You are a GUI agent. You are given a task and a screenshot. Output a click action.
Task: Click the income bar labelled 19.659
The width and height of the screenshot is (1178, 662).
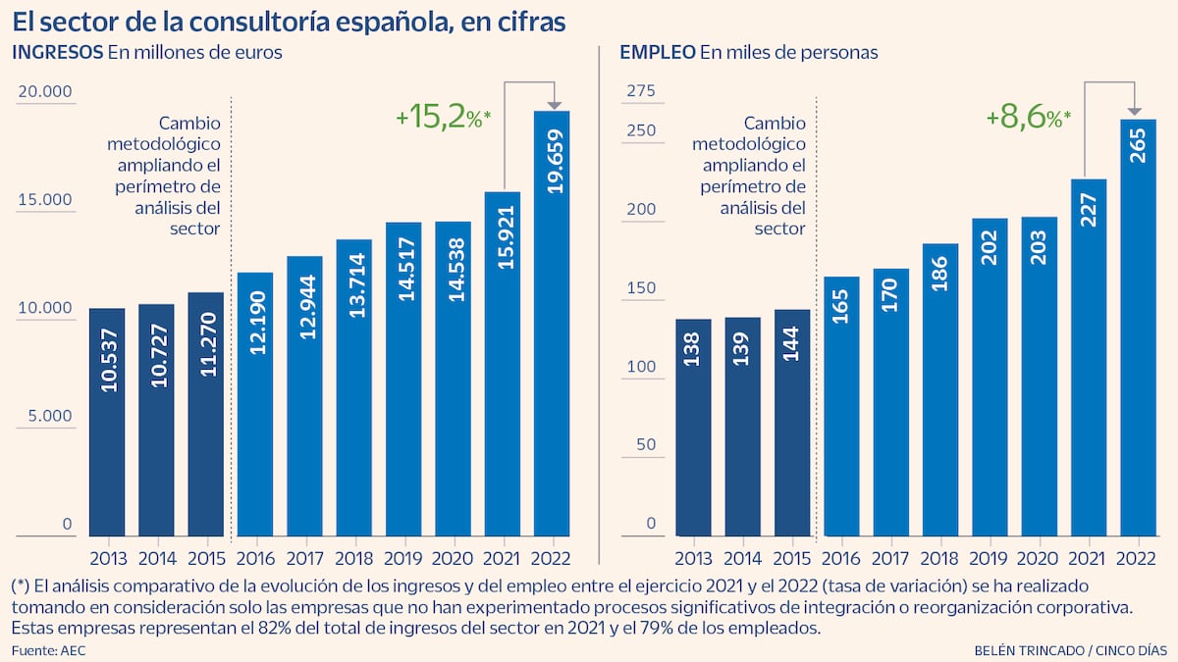coord(552,324)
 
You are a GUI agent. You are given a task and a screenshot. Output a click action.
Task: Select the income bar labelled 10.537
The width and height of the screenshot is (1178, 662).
coord(107,422)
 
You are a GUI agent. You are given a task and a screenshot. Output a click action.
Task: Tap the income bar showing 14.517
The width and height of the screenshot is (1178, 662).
coord(403,379)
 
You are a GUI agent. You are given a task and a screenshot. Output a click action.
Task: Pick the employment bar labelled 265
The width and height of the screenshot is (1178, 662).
coord(1138,328)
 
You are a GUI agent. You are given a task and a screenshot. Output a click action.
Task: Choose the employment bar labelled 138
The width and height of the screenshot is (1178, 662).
coord(693,428)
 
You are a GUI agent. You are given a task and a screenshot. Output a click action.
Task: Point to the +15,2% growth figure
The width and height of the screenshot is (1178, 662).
coord(443,119)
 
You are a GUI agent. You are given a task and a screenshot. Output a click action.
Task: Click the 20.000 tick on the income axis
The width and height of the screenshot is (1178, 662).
coord(44,92)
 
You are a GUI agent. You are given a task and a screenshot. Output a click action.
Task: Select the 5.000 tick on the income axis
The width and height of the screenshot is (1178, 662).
coord(44,416)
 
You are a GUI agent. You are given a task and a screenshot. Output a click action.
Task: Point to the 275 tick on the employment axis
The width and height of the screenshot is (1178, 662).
coord(639,92)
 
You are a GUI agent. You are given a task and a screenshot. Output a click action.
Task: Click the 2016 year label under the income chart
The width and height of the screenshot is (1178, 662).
coord(255,559)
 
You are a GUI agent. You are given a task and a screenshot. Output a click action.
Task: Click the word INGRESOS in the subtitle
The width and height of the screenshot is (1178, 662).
coord(57,54)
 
